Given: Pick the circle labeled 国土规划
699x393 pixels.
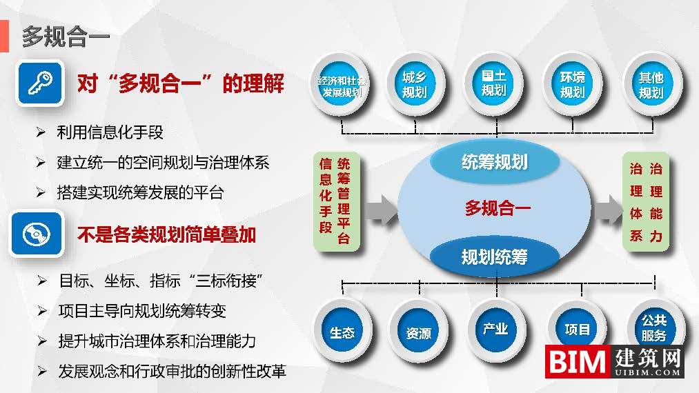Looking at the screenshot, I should [x=494, y=83].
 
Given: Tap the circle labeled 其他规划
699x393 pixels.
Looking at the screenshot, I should [x=651, y=84].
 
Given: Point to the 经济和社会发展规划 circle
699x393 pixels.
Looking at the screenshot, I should [x=342, y=85].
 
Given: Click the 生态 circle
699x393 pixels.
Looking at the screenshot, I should [x=342, y=333].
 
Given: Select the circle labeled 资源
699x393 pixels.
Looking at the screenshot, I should [x=418, y=333].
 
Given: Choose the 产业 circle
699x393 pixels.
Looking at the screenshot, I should [x=495, y=329].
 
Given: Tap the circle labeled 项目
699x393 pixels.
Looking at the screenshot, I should [x=577, y=330].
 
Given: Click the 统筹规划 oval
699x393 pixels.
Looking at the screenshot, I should [x=494, y=162].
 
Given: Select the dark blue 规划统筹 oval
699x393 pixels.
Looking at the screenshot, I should [x=494, y=256].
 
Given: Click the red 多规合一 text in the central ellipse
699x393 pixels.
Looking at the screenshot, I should [x=497, y=208].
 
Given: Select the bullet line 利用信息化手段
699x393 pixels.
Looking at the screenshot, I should [x=110, y=133].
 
